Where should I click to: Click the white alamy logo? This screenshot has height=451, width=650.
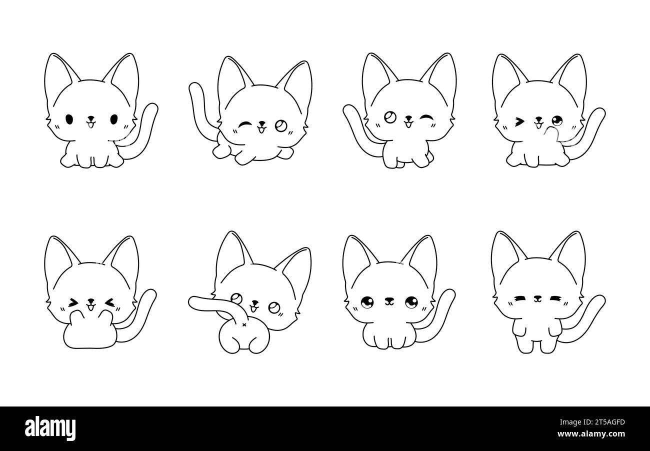[x=50, y=428]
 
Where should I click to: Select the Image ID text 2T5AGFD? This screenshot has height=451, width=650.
[x=607, y=422]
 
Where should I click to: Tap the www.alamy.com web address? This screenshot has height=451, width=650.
[x=591, y=434]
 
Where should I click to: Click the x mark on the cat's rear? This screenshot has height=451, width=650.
[x=244, y=324]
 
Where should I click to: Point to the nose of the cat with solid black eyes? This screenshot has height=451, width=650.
[x=91, y=118]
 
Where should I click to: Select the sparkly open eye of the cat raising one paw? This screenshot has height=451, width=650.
[x=557, y=120]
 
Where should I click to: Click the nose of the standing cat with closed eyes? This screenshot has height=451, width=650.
[x=538, y=297]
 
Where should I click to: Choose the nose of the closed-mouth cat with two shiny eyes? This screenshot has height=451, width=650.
[x=389, y=299]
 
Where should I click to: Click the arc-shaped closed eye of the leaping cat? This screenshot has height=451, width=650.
[x=245, y=125]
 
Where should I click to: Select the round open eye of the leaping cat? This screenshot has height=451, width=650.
[x=281, y=125]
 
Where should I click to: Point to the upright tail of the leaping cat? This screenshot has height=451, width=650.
[x=200, y=110]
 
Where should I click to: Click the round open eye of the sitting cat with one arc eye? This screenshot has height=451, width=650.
[x=389, y=117]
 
